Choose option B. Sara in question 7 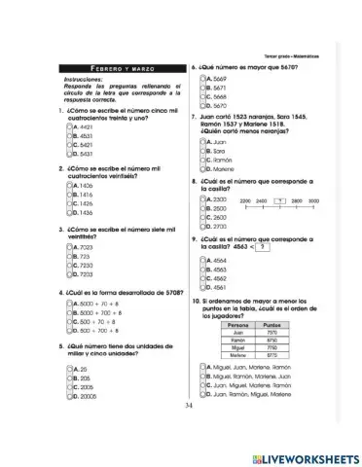(204, 151)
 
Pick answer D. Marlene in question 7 (204, 168)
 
